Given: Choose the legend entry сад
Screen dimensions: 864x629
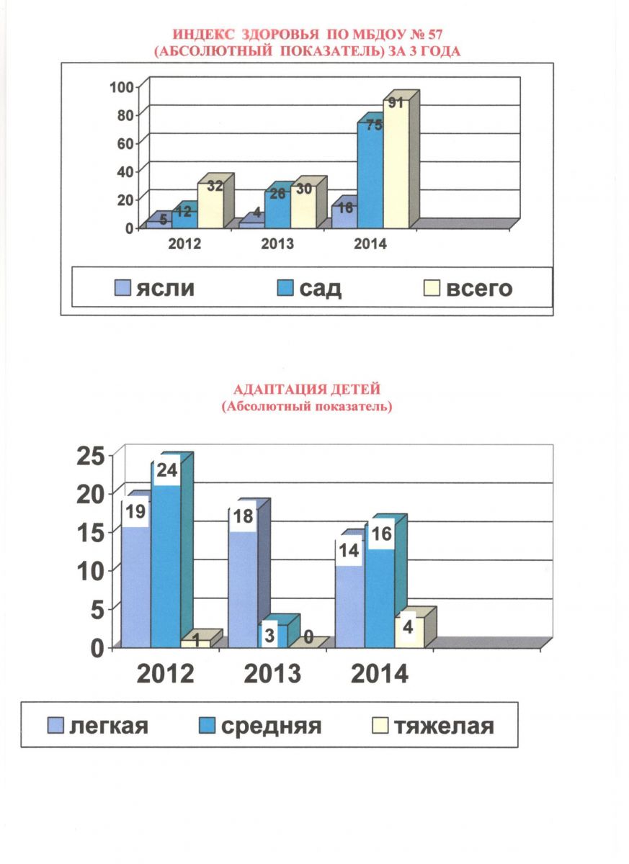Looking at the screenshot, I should (x=310, y=288).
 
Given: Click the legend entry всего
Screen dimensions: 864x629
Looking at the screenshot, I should (x=468, y=288).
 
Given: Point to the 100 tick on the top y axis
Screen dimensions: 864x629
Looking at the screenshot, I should (x=121, y=87).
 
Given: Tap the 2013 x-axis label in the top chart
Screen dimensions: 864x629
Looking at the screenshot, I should (x=277, y=244).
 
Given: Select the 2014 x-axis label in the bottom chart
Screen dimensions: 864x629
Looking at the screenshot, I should (x=380, y=674).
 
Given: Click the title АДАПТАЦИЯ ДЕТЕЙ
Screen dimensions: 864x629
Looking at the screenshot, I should (x=307, y=389).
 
